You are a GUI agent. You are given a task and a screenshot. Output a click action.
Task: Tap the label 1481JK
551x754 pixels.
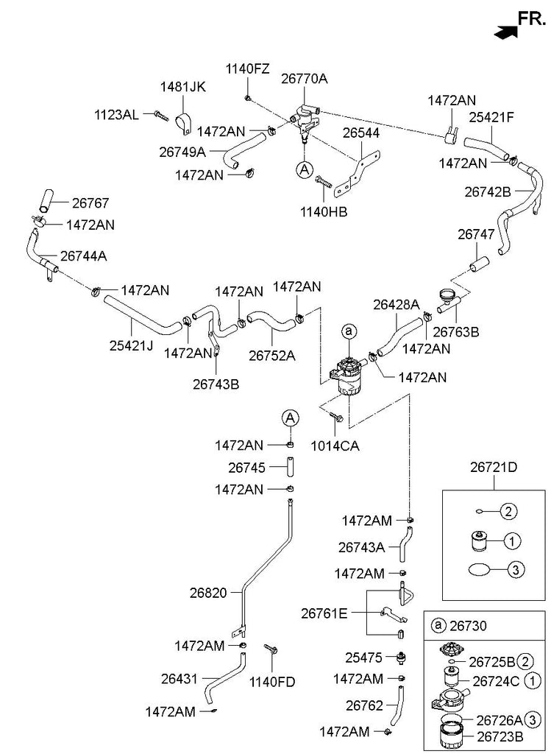183,88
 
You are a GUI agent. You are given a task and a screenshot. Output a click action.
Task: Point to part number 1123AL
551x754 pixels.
116,115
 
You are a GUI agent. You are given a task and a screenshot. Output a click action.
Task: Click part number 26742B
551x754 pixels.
488,191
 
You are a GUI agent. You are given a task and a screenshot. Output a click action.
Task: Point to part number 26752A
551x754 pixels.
271,355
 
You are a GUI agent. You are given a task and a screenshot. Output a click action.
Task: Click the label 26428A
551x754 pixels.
396,303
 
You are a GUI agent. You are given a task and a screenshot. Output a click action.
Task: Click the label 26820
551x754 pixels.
209,591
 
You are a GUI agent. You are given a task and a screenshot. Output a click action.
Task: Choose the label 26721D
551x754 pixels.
494,468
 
